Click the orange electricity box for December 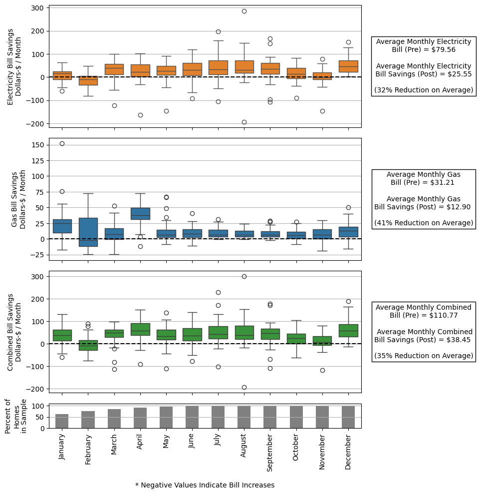(x=348, y=66)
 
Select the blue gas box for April (x=140, y=214)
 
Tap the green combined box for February (x=88, y=345)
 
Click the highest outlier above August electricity (x=244, y=11)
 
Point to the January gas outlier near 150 (x=62, y=143)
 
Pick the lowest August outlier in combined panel (x=244, y=387)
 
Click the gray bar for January (x=62, y=421)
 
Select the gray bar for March (x=114, y=419)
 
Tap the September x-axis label (x=270, y=453)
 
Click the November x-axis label (x=322, y=451)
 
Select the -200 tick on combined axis (x=36, y=389)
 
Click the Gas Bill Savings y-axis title (x=18, y=200)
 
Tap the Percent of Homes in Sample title (x=16, y=416)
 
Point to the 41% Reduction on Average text (x=424, y=223)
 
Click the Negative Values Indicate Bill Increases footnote (x=205, y=485)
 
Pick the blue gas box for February (x=88, y=232)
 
